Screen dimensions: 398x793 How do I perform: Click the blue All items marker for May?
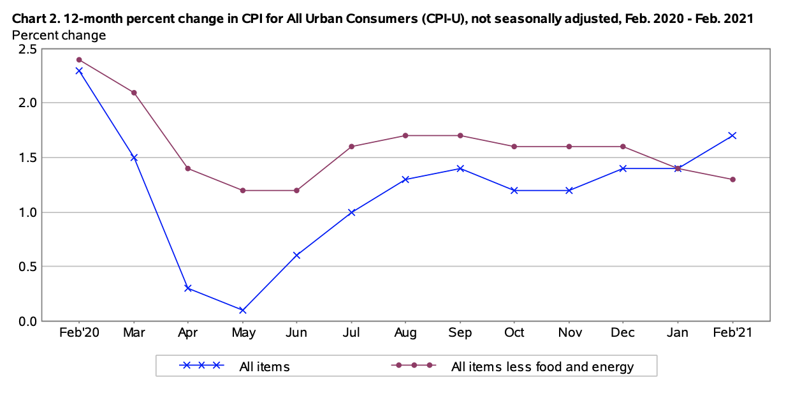tap(242, 310)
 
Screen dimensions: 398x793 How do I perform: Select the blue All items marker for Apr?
tap(188, 288)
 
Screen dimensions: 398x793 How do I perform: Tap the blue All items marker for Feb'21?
tap(732, 135)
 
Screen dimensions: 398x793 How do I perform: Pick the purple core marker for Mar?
tap(134, 92)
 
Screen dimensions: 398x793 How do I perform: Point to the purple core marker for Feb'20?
tap(79, 60)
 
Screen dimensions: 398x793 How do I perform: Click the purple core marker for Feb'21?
tap(732, 179)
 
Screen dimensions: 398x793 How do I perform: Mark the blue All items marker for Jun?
tap(297, 255)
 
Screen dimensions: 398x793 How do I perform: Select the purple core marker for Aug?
tap(406, 135)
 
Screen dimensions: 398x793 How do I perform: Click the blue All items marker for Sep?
tap(460, 168)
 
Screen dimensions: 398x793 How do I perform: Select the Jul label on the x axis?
tap(351, 333)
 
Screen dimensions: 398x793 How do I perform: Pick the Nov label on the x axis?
tap(569, 333)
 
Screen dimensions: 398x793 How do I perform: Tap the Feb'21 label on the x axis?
tap(732, 333)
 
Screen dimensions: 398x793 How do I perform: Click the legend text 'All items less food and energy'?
tap(542, 366)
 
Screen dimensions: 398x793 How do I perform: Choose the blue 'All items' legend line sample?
tap(201, 365)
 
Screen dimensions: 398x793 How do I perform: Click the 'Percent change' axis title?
tap(59, 35)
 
